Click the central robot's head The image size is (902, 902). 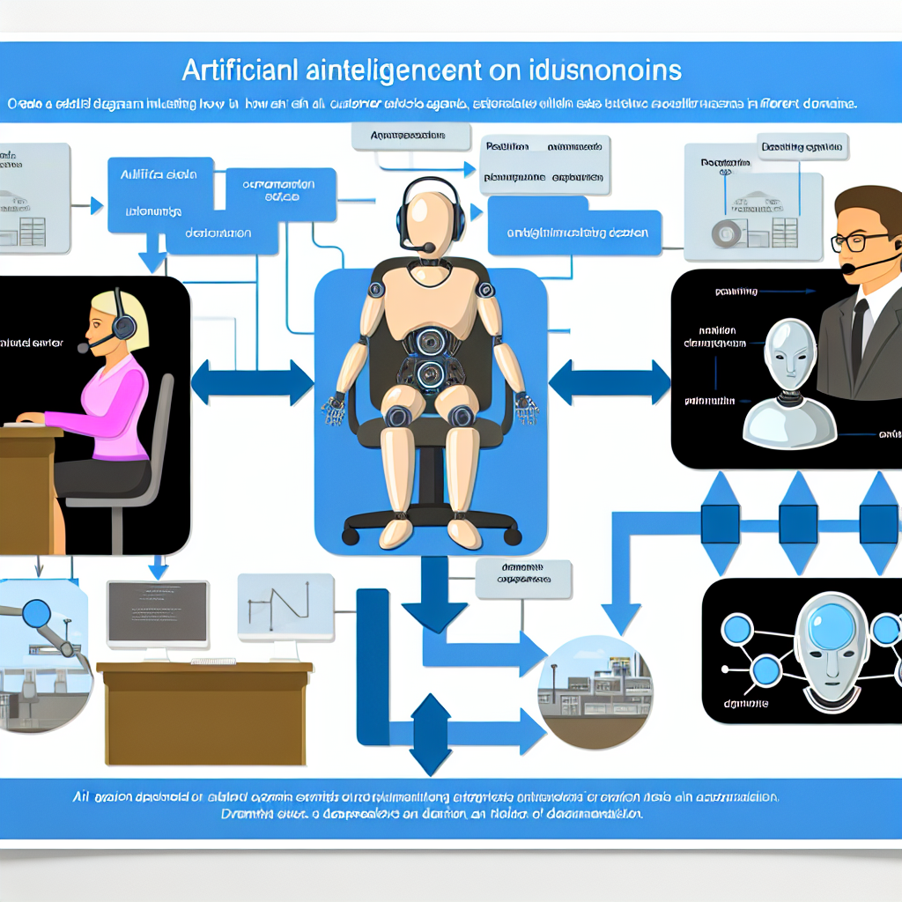pos(429,216)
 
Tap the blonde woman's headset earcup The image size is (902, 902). pos(123,327)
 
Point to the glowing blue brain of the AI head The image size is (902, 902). pos(826,627)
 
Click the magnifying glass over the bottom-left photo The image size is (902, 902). pos(37,613)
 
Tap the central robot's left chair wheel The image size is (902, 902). pos(351,535)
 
